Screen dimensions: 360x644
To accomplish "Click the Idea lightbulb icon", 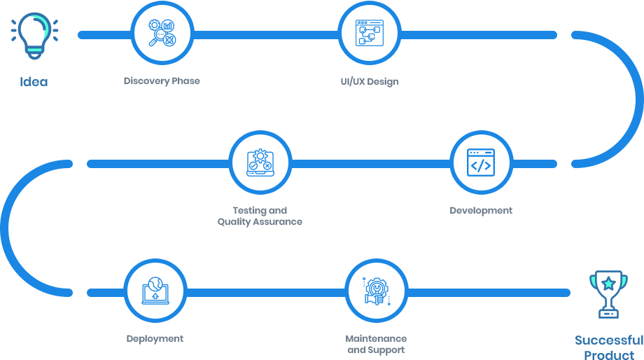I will (x=34, y=34).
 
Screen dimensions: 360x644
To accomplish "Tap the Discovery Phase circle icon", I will (x=162, y=34).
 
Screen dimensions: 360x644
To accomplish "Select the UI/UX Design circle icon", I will (x=369, y=34).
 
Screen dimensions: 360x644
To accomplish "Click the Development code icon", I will (x=481, y=162).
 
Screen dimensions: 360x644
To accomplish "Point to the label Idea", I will (x=34, y=82).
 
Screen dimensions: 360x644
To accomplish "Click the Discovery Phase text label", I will (x=162, y=81).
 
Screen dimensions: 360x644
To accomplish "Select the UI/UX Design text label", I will (x=370, y=82).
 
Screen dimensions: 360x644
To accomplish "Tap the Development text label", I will (x=481, y=211).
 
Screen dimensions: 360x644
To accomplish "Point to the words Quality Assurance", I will (x=260, y=222).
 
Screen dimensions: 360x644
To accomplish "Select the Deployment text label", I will (x=155, y=339).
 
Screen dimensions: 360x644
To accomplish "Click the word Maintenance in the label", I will (x=376, y=339).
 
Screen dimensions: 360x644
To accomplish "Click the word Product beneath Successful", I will (x=609, y=354).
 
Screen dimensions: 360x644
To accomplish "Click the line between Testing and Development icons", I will (x=369, y=163).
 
